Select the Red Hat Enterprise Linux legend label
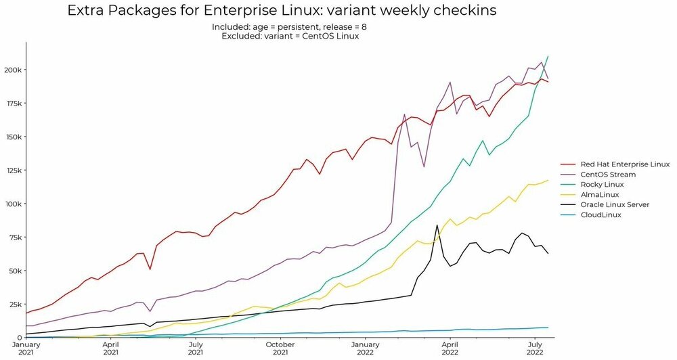pos(625,164)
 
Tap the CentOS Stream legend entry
pos(609,174)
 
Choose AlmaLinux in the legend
pos(600,194)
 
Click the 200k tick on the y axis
pos(14,70)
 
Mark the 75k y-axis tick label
pos(16,238)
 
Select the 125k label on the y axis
pos(14,171)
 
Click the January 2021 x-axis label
pos(27,348)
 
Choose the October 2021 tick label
pos(280,348)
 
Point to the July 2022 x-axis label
pos(535,348)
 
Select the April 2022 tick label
pos(450,348)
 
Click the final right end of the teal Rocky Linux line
pos(548,56)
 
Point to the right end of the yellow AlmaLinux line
pos(548,181)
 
